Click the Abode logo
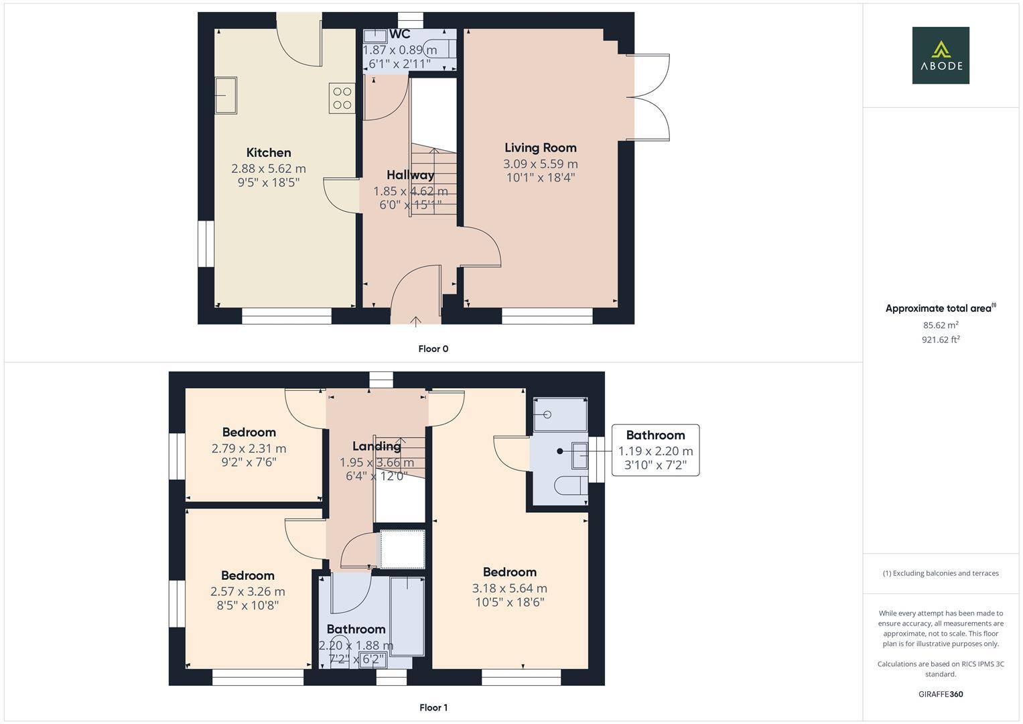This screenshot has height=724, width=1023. coord(941,55)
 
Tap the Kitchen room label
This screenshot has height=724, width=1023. coord(269,153)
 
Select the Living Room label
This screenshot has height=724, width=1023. coord(540,148)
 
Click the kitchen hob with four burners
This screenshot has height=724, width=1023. coord(342,98)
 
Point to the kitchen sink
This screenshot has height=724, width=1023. coord(226,95)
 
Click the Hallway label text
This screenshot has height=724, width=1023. coord(410,175)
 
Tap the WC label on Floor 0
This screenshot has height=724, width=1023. coord(399,34)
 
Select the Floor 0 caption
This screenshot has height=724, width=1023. coord(433,349)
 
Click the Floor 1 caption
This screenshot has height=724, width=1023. coord(433,707)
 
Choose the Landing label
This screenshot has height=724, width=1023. coord(377,446)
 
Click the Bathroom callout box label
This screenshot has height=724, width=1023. coord(655,436)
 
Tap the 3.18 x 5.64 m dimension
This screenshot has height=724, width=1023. coord(509,589)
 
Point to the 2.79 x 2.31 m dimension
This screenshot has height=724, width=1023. coord(249,448)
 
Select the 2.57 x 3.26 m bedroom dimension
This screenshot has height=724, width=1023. coord(247,592)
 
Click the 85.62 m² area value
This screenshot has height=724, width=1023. coord(940,325)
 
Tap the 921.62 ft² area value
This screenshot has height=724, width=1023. coord(940,340)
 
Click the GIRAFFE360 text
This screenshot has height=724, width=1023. coord(940,695)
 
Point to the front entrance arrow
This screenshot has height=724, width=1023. coord(415,321)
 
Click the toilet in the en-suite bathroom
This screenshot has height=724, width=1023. coord(569,486)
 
